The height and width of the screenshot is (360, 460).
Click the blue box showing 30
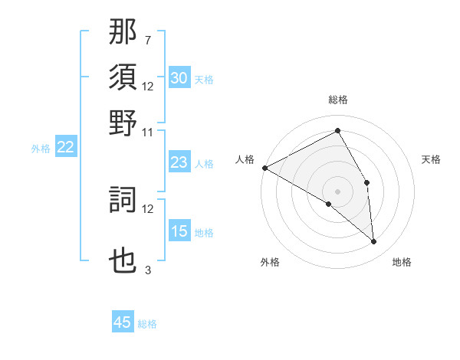pos(179,78)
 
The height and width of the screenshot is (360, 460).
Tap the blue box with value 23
pos(179,163)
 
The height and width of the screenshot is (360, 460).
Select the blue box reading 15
pos(179,232)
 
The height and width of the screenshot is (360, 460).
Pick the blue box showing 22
pos(65,148)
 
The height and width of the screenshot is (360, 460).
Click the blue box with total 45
pos(123,322)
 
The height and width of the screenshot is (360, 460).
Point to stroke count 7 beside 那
pos(147,40)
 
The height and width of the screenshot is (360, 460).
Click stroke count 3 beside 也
pos(147,270)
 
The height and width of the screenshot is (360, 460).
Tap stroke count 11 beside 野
pos(147,132)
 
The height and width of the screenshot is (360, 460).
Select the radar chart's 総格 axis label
pos(337,100)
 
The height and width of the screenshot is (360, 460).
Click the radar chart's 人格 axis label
pos(245,159)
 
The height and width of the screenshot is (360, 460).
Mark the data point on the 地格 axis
pos(373,241)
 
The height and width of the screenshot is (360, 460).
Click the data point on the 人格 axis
pos(264,168)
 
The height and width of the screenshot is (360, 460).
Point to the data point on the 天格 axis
pos(367,182)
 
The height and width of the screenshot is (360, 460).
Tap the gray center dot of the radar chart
pos(337,190)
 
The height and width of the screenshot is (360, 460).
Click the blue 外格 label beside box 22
pos(40,149)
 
